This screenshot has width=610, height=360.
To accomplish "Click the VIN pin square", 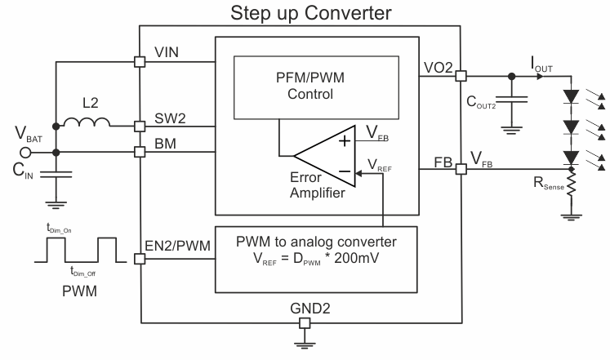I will pos(140,60).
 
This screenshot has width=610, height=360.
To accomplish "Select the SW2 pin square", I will pos(140,127).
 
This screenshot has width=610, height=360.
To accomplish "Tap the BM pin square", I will pos(140,152).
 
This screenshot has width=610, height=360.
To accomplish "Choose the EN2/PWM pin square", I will pos(140,259).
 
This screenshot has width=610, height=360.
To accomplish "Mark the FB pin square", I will pos(461,169).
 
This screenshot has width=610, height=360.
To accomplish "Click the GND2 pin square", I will pos(305,323).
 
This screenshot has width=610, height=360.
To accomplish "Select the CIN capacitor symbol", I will pos(56,173).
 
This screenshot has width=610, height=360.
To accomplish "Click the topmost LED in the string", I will pos(571,96).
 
